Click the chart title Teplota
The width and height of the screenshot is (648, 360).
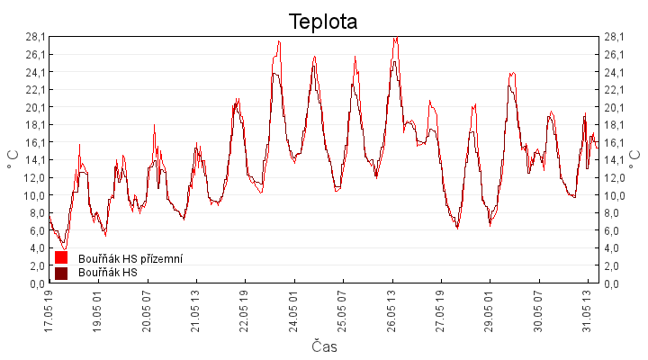(x=323, y=22)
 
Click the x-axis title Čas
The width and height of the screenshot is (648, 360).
(x=324, y=346)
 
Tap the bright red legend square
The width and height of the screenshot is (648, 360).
(x=61, y=257)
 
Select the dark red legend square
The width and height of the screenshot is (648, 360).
(x=61, y=274)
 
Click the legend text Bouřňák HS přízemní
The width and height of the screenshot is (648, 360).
(x=130, y=258)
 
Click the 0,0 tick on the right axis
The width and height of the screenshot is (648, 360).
(x=612, y=283)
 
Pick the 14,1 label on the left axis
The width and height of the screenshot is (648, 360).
(x=35, y=160)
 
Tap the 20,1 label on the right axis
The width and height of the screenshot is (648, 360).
(x=614, y=107)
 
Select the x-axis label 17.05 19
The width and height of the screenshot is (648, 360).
(x=49, y=311)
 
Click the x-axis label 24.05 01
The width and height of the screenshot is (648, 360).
(x=293, y=311)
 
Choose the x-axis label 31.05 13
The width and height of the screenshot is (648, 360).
(x=587, y=311)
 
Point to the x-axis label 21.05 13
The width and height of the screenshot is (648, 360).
(x=195, y=311)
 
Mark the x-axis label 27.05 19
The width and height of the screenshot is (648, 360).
(x=440, y=311)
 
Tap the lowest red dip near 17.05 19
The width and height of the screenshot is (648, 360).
(x=64, y=249)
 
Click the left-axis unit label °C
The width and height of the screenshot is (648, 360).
(x=13, y=159)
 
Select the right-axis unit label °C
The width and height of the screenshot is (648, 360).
(x=634, y=159)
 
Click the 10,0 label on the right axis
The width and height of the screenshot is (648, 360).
(x=614, y=195)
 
